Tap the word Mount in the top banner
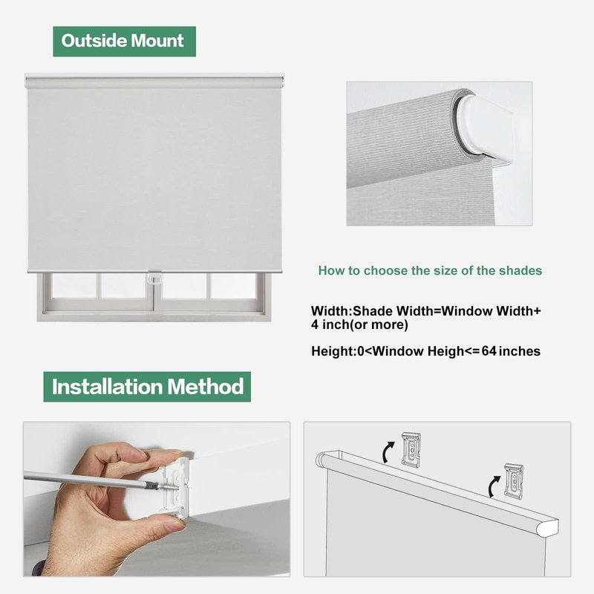click(x=157, y=41)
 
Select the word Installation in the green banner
click(x=107, y=387)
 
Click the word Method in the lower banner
click(x=206, y=387)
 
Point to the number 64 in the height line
click(x=489, y=350)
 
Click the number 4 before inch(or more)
click(x=315, y=324)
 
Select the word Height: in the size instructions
click(x=332, y=351)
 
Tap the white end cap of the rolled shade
click(x=486, y=128)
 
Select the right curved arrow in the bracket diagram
click(x=494, y=486)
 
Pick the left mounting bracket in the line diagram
click(x=411, y=449)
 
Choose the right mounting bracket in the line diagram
click(x=514, y=481)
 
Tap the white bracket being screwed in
click(x=175, y=486)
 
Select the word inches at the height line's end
click(x=519, y=351)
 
